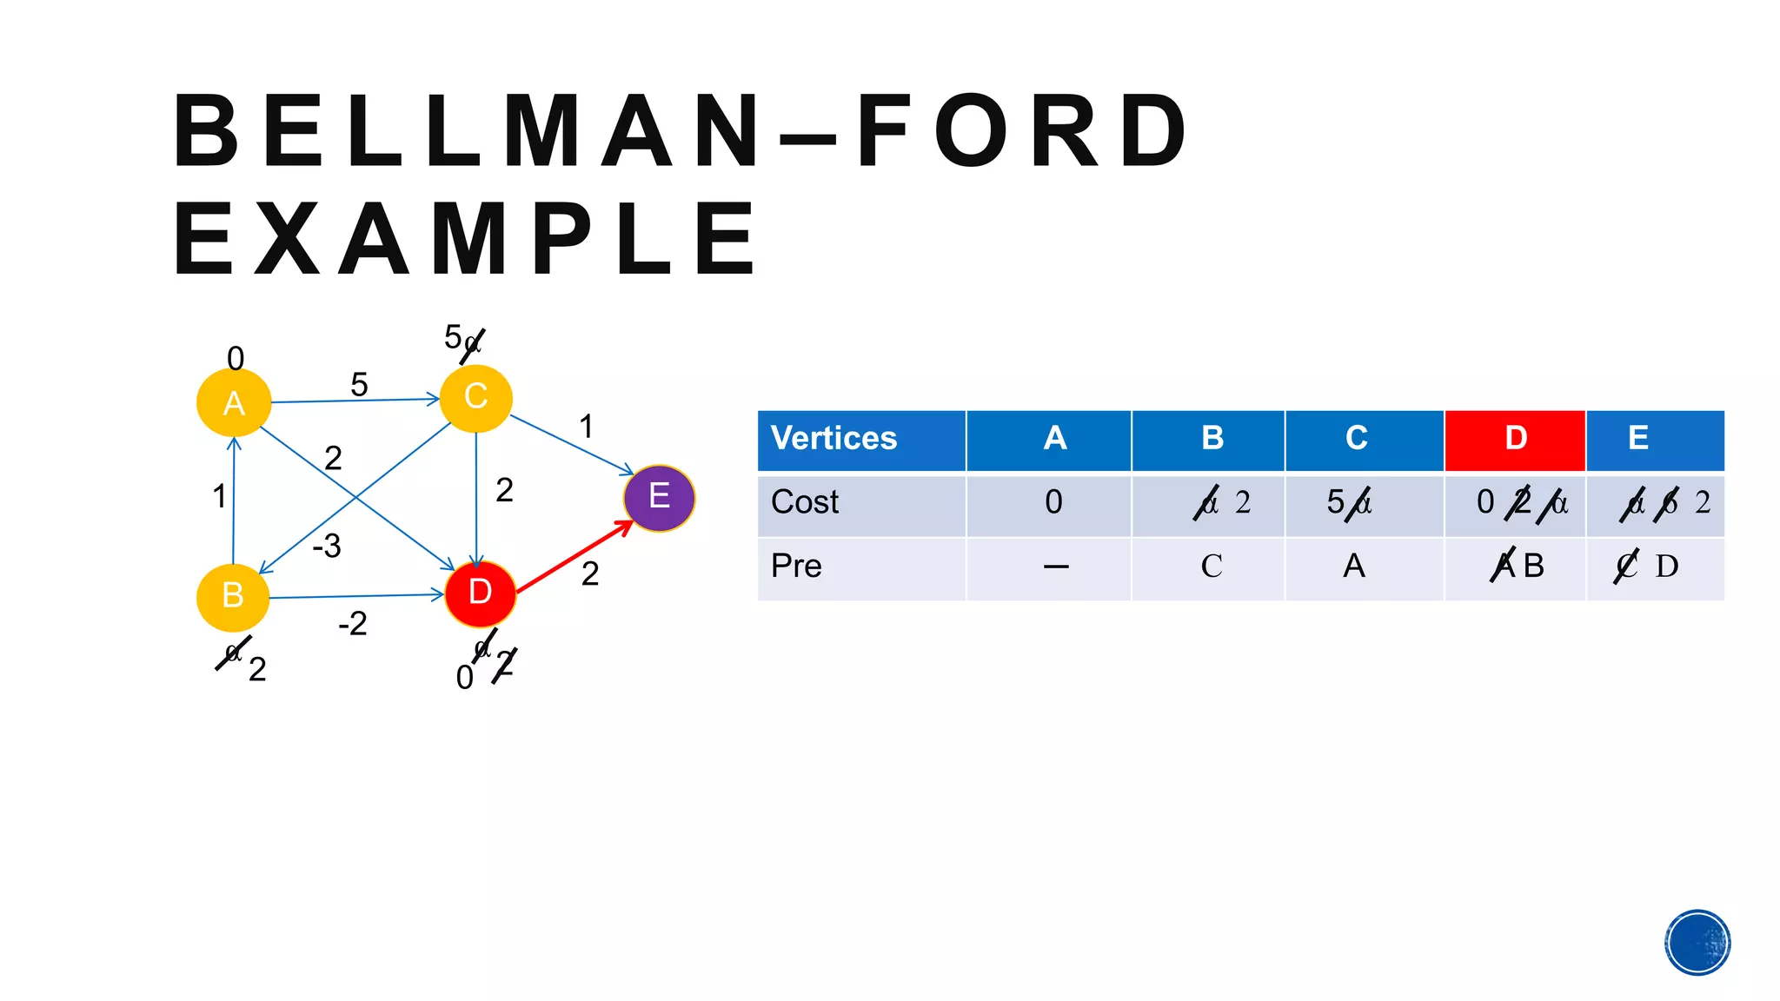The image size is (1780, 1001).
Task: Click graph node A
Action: click(x=234, y=403)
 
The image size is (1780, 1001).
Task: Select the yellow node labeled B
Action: click(x=233, y=596)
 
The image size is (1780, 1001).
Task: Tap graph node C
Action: click(x=475, y=397)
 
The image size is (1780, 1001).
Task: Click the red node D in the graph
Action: click(x=480, y=593)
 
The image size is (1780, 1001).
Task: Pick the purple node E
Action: click(x=659, y=497)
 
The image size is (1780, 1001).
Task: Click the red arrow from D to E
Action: click(x=575, y=557)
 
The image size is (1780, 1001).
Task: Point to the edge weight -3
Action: click(x=327, y=546)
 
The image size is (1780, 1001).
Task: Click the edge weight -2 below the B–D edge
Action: click(x=353, y=624)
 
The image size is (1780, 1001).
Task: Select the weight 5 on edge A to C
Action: click(x=359, y=384)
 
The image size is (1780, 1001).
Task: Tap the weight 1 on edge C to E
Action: click(x=587, y=427)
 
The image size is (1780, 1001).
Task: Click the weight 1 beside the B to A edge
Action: click(x=219, y=496)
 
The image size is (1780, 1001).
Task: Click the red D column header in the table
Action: click(x=1515, y=439)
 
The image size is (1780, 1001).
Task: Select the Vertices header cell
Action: click(x=860, y=439)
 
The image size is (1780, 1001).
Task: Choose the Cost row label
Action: click(x=805, y=502)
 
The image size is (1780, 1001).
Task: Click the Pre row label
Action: click(x=796, y=567)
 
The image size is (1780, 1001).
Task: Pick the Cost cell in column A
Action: click(x=1053, y=502)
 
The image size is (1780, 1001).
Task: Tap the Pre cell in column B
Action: click(x=1211, y=567)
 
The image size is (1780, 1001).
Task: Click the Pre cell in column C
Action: click(x=1354, y=567)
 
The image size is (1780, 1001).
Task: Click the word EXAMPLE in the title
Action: click(x=466, y=238)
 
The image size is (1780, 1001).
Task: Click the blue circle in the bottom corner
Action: click(x=1697, y=943)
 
